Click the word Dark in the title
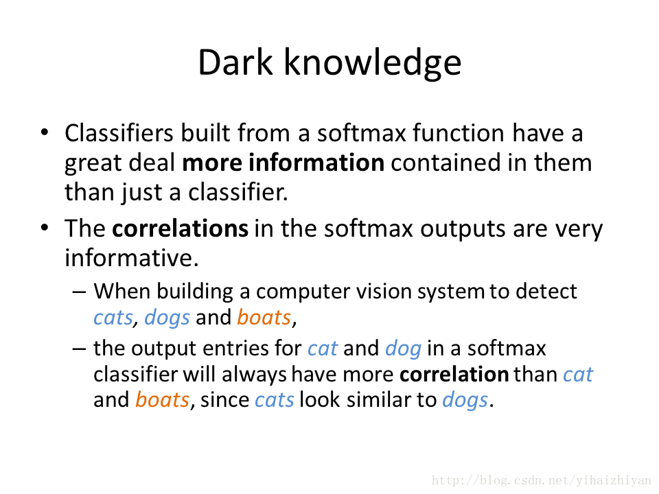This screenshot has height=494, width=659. tap(235, 62)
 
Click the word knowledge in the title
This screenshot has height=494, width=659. tap(373, 63)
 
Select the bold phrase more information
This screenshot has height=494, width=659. tap(284, 163)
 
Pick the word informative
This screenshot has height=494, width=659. tap(132, 257)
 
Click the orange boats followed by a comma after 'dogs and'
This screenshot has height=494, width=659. tap(264, 317)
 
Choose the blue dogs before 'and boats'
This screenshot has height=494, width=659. tap(167, 318)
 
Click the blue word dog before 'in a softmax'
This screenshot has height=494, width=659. tap(403, 349)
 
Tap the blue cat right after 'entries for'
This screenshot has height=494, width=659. tap(323, 349)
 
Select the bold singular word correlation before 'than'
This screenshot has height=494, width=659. tap(454, 375)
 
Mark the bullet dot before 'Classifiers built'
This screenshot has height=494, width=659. tap(45, 132)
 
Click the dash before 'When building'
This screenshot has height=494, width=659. tap(80, 292)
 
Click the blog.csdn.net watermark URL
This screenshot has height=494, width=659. tap(542, 480)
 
